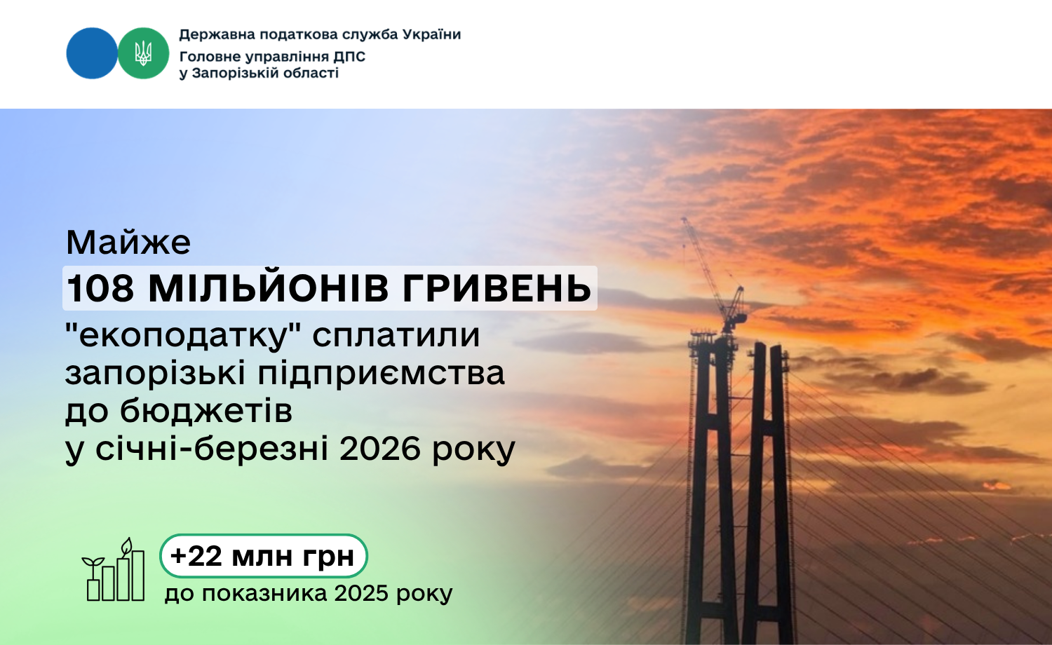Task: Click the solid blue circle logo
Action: coord(92,53)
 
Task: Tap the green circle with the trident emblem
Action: coord(143,53)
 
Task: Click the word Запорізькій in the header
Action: coord(233,73)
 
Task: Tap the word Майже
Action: coord(128,243)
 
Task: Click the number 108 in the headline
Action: coord(100,287)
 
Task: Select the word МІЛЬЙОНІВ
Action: coord(268,287)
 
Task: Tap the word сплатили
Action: coord(396,336)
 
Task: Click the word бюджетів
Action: coord(205,411)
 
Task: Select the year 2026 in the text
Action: coord(379,449)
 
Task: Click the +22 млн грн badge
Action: coord(263,556)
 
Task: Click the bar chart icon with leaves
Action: coord(113,569)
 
